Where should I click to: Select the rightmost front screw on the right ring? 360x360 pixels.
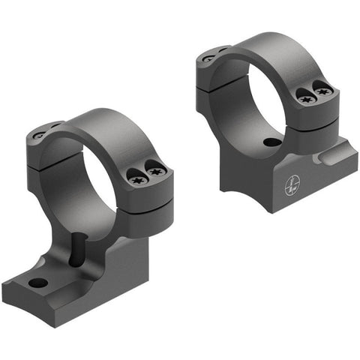point(323,91)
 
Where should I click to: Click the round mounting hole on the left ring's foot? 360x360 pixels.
point(37,283)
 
